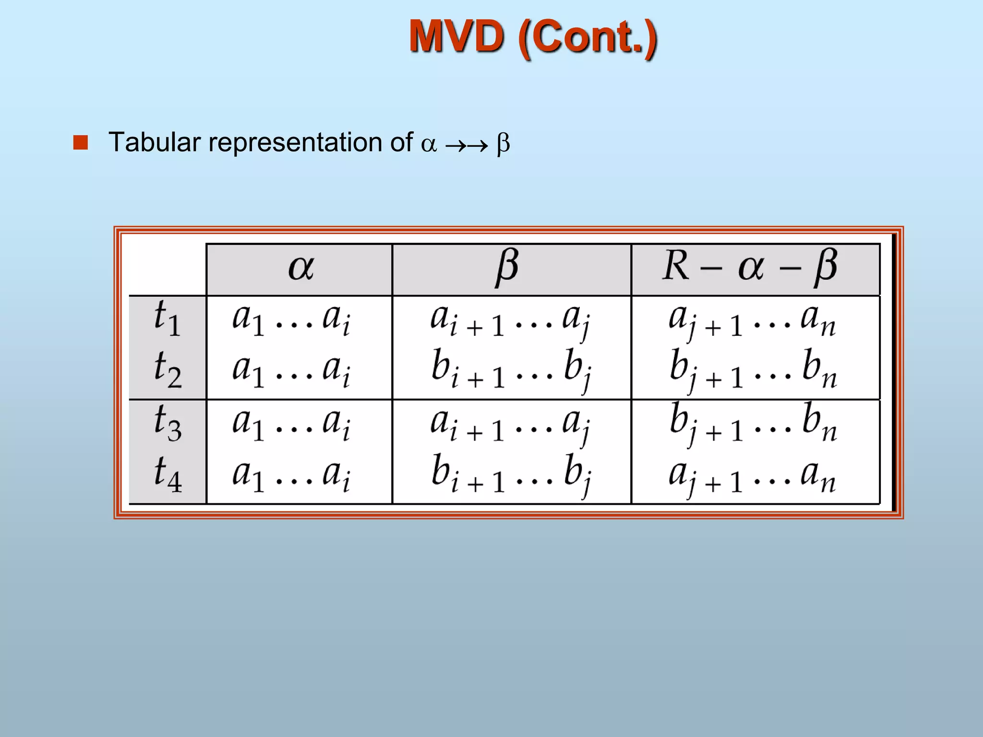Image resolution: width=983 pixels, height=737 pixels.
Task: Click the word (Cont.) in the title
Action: coord(588,38)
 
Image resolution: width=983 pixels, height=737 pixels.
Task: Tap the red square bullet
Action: coord(81,143)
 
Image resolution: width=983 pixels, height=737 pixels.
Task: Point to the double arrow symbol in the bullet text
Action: coord(466,144)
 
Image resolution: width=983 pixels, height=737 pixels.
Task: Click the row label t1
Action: coord(167,319)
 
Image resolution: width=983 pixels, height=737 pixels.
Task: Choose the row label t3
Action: coord(168,423)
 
